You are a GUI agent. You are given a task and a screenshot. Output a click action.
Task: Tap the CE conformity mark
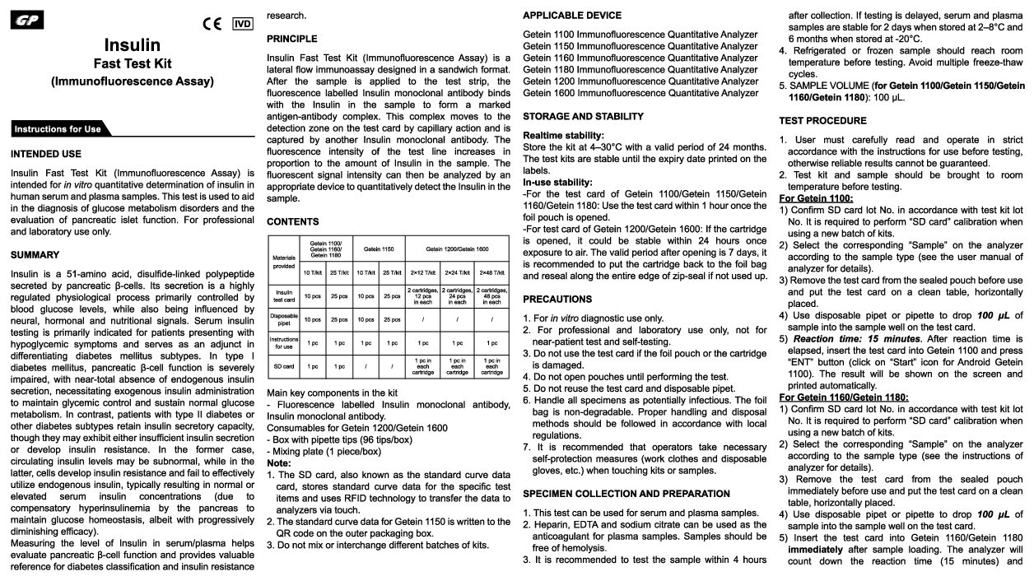(212, 23)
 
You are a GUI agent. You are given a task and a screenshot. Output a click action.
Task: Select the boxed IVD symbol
(243, 23)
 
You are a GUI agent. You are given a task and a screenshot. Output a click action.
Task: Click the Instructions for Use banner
(58, 129)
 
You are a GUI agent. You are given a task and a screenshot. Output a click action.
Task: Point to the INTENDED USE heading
(46, 154)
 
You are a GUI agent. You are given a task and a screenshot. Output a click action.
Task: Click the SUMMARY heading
(35, 255)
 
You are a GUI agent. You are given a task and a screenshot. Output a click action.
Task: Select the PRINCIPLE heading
(292, 39)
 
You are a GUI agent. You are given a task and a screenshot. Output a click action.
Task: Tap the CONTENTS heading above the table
(293, 221)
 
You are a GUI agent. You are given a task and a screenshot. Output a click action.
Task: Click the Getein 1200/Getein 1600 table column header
(457, 249)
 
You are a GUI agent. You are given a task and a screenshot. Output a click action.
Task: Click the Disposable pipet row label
(283, 319)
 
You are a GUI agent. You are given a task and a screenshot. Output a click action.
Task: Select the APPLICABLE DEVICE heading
(572, 16)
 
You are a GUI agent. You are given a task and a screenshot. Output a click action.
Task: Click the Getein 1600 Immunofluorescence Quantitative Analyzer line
(640, 93)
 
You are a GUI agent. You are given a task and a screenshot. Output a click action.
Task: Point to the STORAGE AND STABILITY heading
(583, 117)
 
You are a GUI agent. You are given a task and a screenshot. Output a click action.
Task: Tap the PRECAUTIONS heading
(557, 299)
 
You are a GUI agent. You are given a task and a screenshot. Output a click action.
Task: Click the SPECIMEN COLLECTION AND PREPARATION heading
(626, 494)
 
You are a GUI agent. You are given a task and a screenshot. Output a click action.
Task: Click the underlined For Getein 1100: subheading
(816, 198)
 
